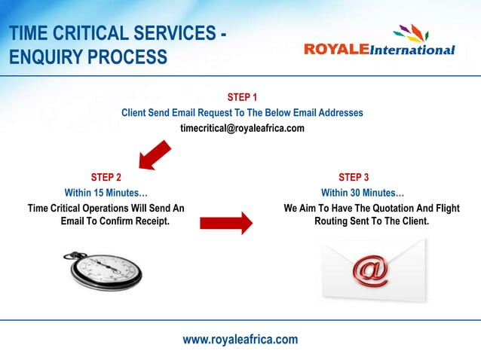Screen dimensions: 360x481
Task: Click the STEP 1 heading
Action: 242,97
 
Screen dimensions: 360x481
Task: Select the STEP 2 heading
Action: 106,178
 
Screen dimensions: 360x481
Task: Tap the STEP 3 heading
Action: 354,178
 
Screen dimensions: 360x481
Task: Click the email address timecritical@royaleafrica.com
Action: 242,128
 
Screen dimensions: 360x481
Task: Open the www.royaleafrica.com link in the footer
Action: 240,340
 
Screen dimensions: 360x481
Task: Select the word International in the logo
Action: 412,50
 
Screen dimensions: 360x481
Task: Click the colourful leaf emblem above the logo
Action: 411,33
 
